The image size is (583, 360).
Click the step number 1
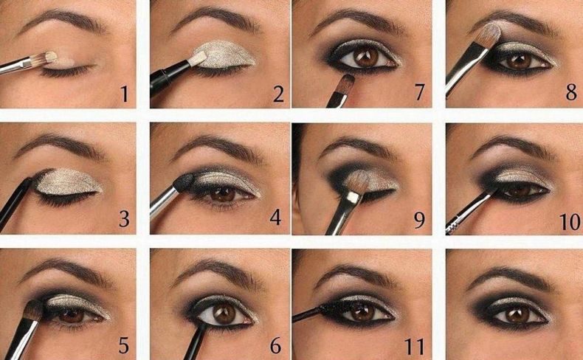[x=125, y=93]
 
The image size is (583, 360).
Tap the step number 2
[x=278, y=93]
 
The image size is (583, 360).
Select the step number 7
[x=419, y=92]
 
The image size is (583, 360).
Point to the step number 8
[x=572, y=92]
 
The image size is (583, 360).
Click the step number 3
[x=124, y=219]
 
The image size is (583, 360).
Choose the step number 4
[x=275, y=218]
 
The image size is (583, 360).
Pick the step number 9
[x=419, y=221]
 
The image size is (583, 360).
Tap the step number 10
[x=570, y=222]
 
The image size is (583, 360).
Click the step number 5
[x=124, y=346]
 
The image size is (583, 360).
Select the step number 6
[x=275, y=346]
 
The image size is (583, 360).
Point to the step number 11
[x=415, y=347]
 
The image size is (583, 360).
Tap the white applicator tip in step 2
[x=198, y=58]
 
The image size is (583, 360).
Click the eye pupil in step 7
[x=366, y=56]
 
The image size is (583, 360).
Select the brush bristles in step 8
[x=490, y=35]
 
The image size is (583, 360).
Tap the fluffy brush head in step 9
[x=356, y=181]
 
